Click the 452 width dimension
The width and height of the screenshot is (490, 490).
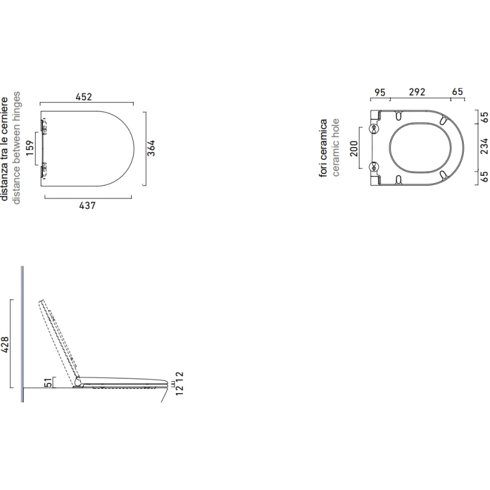point(84,97)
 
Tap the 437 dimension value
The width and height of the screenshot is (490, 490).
point(87,206)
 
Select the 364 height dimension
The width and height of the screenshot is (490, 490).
point(151,148)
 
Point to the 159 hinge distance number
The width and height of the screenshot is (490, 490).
point(29,148)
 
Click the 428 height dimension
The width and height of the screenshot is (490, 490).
point(5,345)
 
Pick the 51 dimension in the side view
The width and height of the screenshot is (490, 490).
point(48,382)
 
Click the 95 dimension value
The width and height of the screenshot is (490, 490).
point(380,92)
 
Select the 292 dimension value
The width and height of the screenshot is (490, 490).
point(417,92)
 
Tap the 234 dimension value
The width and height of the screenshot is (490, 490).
point(484,146)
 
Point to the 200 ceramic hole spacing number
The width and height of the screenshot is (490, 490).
point(354,148)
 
